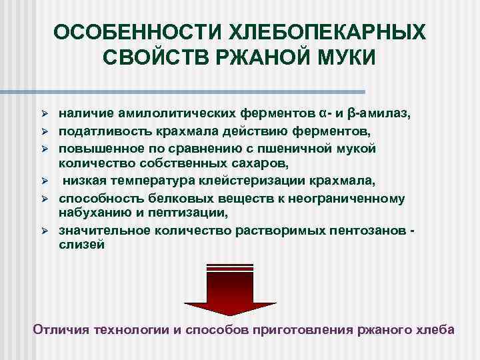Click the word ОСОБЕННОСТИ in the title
[132, 33]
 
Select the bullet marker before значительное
[45, 231]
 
